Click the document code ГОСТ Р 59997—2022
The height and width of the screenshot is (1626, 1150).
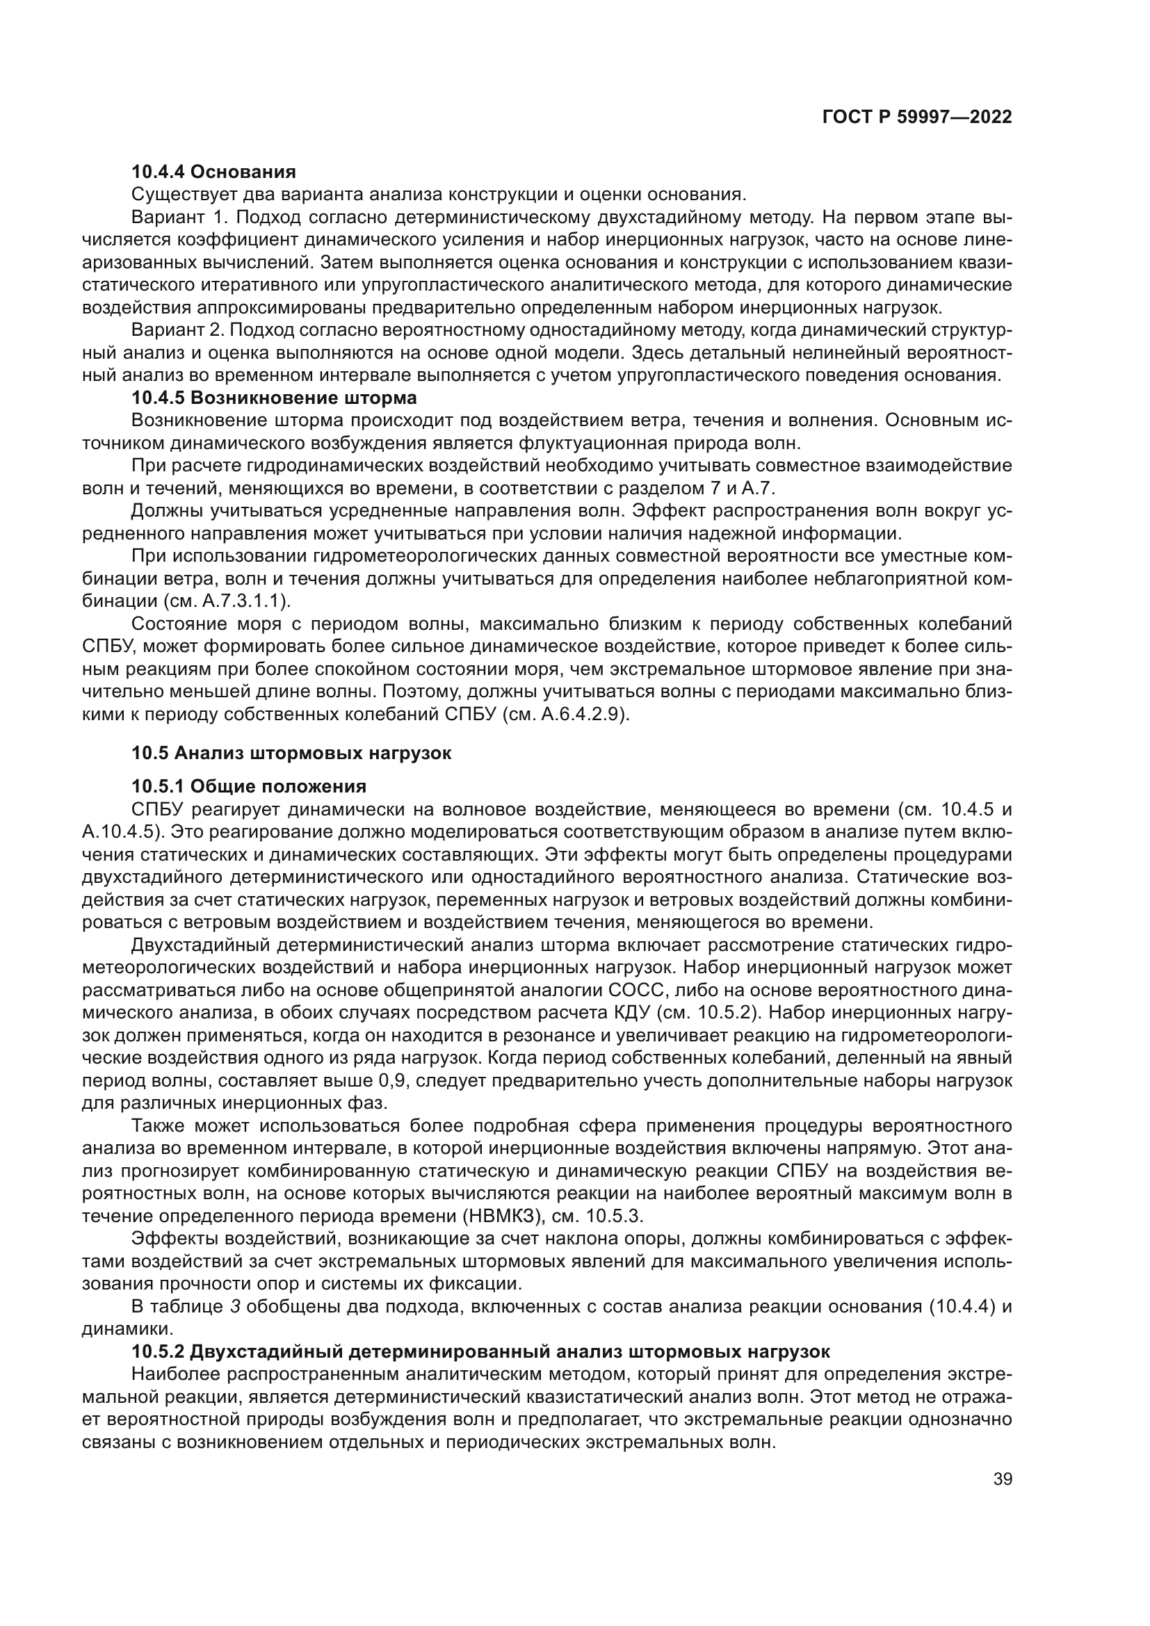916,117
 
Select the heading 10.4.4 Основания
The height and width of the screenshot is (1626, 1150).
213,172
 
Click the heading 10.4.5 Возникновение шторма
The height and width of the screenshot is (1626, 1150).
274,398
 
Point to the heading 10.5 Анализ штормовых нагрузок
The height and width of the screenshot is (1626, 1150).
291,753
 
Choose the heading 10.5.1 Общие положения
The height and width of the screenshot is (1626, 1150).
248,787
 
